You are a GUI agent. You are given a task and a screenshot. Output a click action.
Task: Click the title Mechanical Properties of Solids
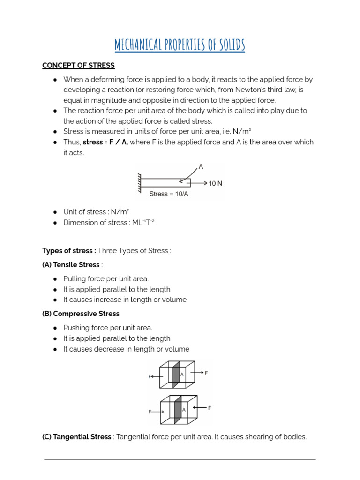pyautogui.click(x=180, y=45)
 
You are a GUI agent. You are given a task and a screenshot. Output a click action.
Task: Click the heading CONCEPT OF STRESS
pyautogui.click(x=78, y=66)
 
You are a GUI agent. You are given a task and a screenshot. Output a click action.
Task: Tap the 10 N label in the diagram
pyautogui.click(x=215, y=183)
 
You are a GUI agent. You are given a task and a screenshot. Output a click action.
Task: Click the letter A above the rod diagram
pyautogui.click(x=201, y=166)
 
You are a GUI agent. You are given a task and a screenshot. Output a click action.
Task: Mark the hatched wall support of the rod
pyautogui.click(x=139, y=183)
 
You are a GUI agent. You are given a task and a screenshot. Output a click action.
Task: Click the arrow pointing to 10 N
pyautogui.click(x=199, y=183)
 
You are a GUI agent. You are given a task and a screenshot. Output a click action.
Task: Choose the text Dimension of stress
pyautogui.click(x=92, y=223)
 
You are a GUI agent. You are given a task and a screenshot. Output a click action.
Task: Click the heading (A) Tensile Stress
pyautogui.click(x=71, y=265)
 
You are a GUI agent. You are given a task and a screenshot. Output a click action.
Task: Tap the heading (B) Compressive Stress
pyautogui.click(x=81, y=314)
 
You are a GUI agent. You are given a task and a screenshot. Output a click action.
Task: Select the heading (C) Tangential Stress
pyautogui.click(x=77, y=437)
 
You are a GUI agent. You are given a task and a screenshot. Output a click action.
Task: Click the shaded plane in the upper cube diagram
pyautogui.click(x=176, y=375)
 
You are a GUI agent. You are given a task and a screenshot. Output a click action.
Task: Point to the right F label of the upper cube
pyautogui.click(x=206, y=373)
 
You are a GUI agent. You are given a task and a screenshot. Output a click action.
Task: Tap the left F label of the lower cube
pyautogui.click(x=150, y=412)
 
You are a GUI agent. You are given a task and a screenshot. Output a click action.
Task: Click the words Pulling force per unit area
pyautogui.click(x=106, y=279)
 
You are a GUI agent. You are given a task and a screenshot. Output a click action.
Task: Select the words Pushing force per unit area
pyautogui.click(x=108, y=328)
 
